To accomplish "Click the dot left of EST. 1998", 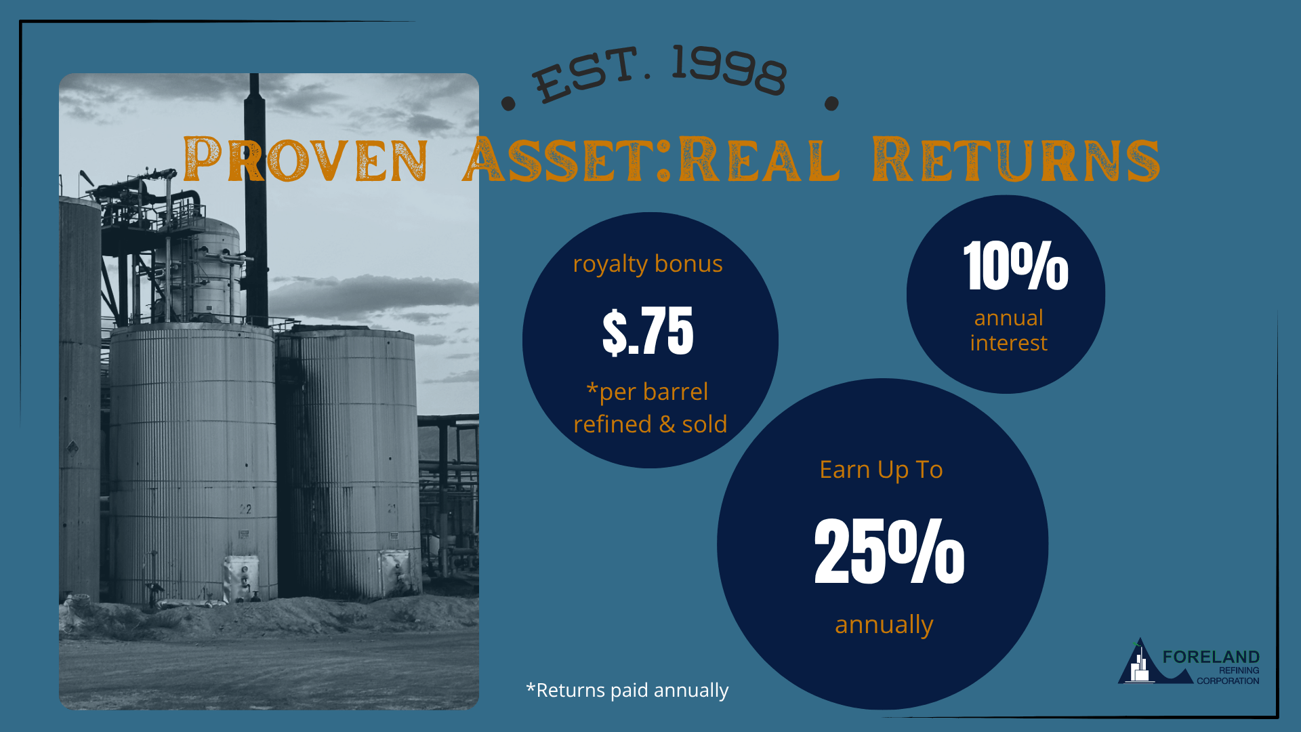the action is pos(508,104).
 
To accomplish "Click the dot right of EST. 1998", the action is pos(831,104).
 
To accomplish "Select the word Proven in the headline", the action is pos(306,160).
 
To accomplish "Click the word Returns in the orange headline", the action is pos(1016,160).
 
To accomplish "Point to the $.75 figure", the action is pos(648,331).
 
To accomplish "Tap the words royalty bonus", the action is pos(648,264).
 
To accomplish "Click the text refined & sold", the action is pos(650,424).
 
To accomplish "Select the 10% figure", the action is pos(1016,266).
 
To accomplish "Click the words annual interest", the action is pos(1008,330).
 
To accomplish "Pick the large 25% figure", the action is pos(889,550).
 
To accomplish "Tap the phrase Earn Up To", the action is pos(881,470).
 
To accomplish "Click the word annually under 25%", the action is pos(884,625).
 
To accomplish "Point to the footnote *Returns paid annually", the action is pos(627,690).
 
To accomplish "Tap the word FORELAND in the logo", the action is pos(1211,657).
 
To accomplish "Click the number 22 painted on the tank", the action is pos(245,509).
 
